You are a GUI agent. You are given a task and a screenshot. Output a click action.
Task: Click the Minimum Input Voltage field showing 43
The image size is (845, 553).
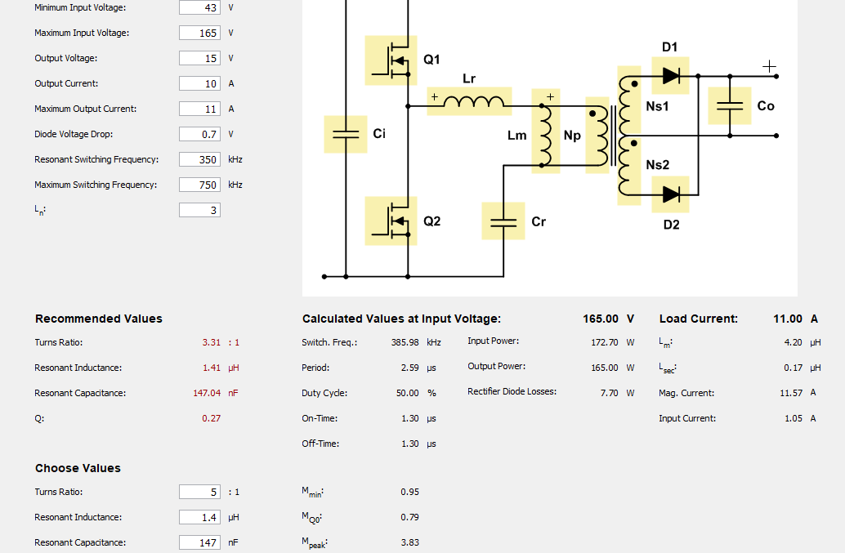199,7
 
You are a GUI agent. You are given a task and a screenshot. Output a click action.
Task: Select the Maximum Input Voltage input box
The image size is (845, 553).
199,33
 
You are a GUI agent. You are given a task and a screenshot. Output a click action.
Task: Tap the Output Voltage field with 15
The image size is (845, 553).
199,58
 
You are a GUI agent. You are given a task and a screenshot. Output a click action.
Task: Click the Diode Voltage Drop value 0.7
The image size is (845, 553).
199,134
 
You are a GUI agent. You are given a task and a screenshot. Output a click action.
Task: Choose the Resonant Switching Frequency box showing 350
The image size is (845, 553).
199,159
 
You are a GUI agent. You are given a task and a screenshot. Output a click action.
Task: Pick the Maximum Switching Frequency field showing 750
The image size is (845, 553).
199,185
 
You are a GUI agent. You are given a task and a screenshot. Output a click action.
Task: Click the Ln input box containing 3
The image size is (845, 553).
199,210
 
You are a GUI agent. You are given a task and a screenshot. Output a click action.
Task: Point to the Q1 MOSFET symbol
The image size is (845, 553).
391,60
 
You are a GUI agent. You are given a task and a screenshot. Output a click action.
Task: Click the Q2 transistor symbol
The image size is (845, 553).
391,221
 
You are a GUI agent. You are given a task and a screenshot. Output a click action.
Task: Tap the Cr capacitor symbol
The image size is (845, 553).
503,221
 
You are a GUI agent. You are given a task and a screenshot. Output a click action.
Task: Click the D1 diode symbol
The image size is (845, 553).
670,76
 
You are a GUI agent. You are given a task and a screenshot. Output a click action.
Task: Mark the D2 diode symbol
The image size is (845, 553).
670,194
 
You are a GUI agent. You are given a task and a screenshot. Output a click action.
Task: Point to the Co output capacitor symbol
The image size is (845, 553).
730,105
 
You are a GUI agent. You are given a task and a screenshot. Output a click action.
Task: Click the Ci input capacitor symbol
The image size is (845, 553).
346,134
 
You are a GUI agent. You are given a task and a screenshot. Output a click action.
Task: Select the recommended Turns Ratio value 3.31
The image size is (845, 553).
211,342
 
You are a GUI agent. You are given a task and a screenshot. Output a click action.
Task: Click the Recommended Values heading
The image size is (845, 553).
99,319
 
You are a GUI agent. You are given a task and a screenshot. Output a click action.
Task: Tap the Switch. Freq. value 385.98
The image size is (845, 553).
405,342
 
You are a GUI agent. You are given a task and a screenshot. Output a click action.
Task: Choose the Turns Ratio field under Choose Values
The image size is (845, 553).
199,492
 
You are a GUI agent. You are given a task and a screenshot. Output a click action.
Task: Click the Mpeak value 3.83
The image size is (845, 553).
409,542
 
